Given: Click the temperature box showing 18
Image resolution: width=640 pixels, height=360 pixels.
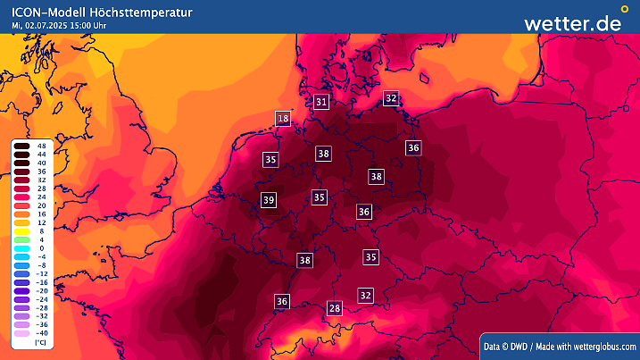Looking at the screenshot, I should coord(283,119).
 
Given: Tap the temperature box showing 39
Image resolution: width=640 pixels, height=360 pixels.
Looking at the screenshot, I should coord(269,200).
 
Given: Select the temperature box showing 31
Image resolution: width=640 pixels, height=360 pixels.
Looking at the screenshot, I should coord(322,102).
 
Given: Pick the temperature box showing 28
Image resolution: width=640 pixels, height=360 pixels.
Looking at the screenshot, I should coord(335,308).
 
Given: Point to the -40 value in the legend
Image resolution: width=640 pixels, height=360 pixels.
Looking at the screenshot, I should coord(42,332).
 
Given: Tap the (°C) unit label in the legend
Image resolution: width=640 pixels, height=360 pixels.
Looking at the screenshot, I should coord(41,342).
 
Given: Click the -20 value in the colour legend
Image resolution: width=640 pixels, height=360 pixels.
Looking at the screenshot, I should coord(42,290).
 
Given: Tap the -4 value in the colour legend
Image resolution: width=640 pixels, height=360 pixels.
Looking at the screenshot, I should coord(42,256).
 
